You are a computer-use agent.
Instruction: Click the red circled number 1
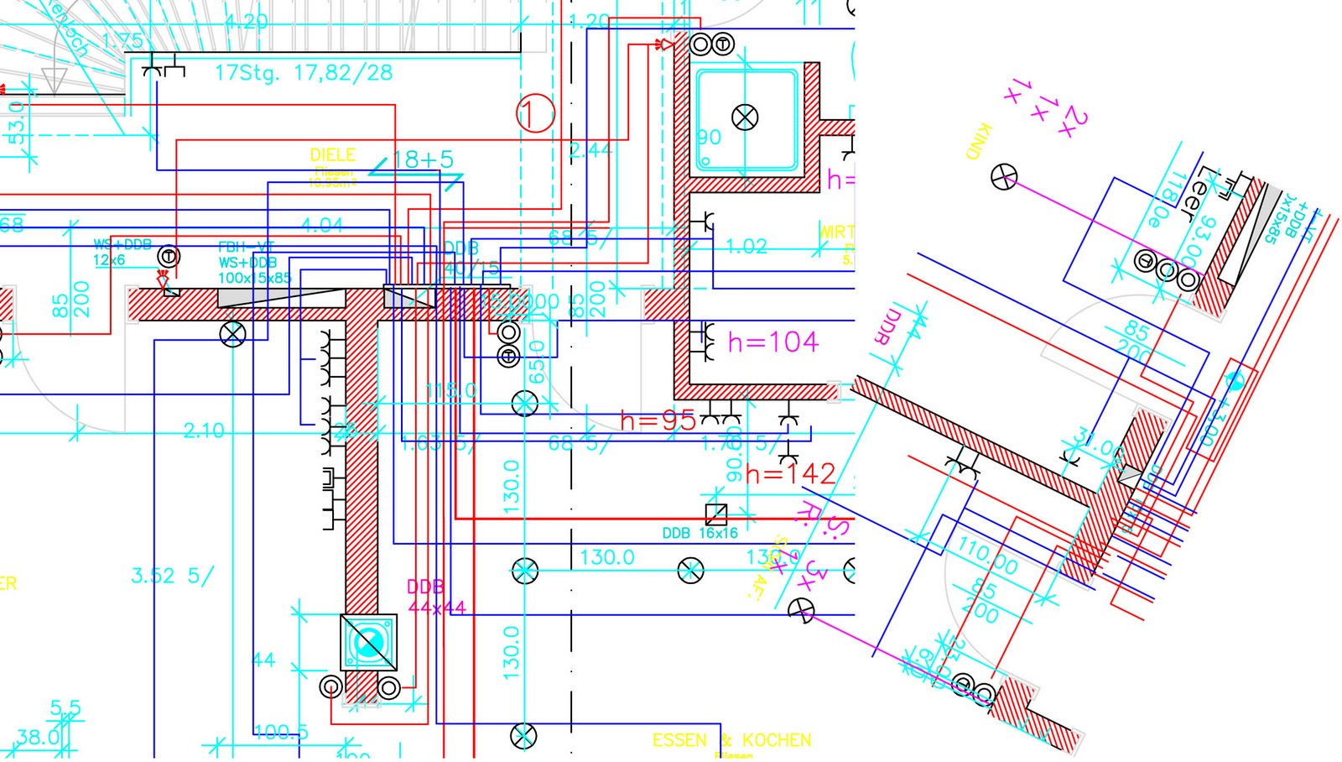coord(535,113)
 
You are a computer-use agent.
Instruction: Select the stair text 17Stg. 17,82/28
coord(304,73)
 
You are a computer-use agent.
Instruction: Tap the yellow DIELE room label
coord(333,155)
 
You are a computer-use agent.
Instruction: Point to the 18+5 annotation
coord(423,159)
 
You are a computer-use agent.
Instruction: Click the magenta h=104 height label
coord(772,342)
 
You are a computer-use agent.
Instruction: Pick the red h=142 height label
coord(790,475)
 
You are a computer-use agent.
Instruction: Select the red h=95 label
coord(658,420)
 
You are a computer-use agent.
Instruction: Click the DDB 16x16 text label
coord(700,533)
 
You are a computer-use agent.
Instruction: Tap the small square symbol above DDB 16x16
coord(715,514)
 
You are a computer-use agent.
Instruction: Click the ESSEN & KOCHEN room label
coord(731,740)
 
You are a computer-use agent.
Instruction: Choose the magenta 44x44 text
coord(436,607)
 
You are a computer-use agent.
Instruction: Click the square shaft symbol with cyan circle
coord(368,643)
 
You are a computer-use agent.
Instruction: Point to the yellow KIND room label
coord(979,141)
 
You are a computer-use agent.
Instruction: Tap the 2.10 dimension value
coord(204,431)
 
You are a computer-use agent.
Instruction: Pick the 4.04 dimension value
coord(322,224)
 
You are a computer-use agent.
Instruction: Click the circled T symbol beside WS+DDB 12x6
coord(169,256)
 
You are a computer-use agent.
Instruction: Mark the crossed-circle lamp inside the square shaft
coord(745,117)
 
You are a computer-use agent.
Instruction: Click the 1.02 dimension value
coord(746,246)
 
